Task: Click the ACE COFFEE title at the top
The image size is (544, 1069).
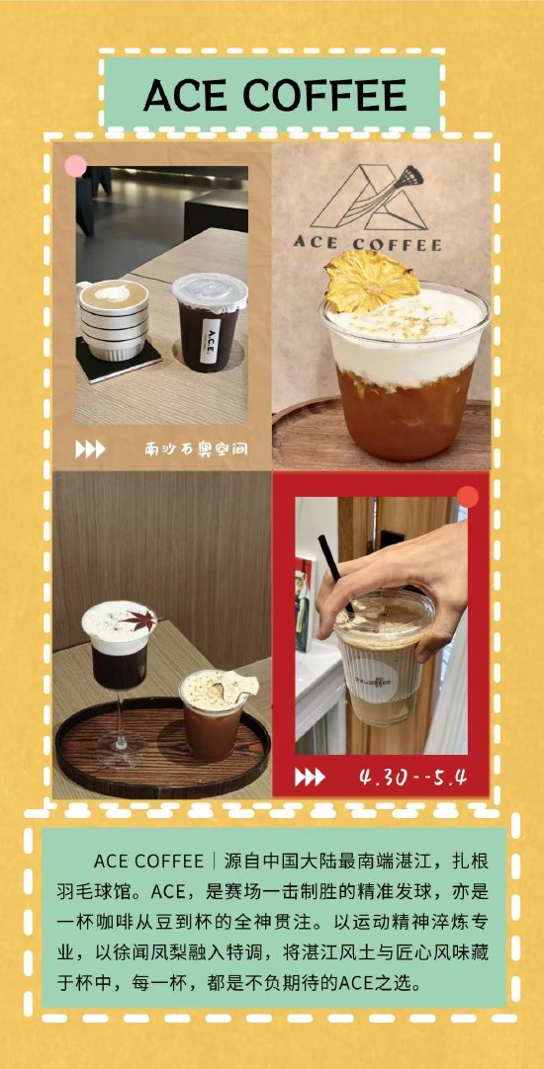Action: [x=274, y=95]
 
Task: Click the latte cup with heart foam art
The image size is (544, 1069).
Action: [x=114, y=318]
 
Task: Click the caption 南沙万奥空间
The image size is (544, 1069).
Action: [x=196, y=449]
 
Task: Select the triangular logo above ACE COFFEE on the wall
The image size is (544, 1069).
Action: [x=370, y=197]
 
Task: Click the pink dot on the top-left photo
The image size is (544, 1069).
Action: [x=75, y=166]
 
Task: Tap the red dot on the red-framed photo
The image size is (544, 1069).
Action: [x=468, y=496]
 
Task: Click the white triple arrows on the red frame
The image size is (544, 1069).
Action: [x=310, y=778]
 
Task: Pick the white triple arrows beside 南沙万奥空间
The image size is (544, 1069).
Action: [x=90, y=450]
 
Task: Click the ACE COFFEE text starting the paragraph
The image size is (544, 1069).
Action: [x=148, y=862]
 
